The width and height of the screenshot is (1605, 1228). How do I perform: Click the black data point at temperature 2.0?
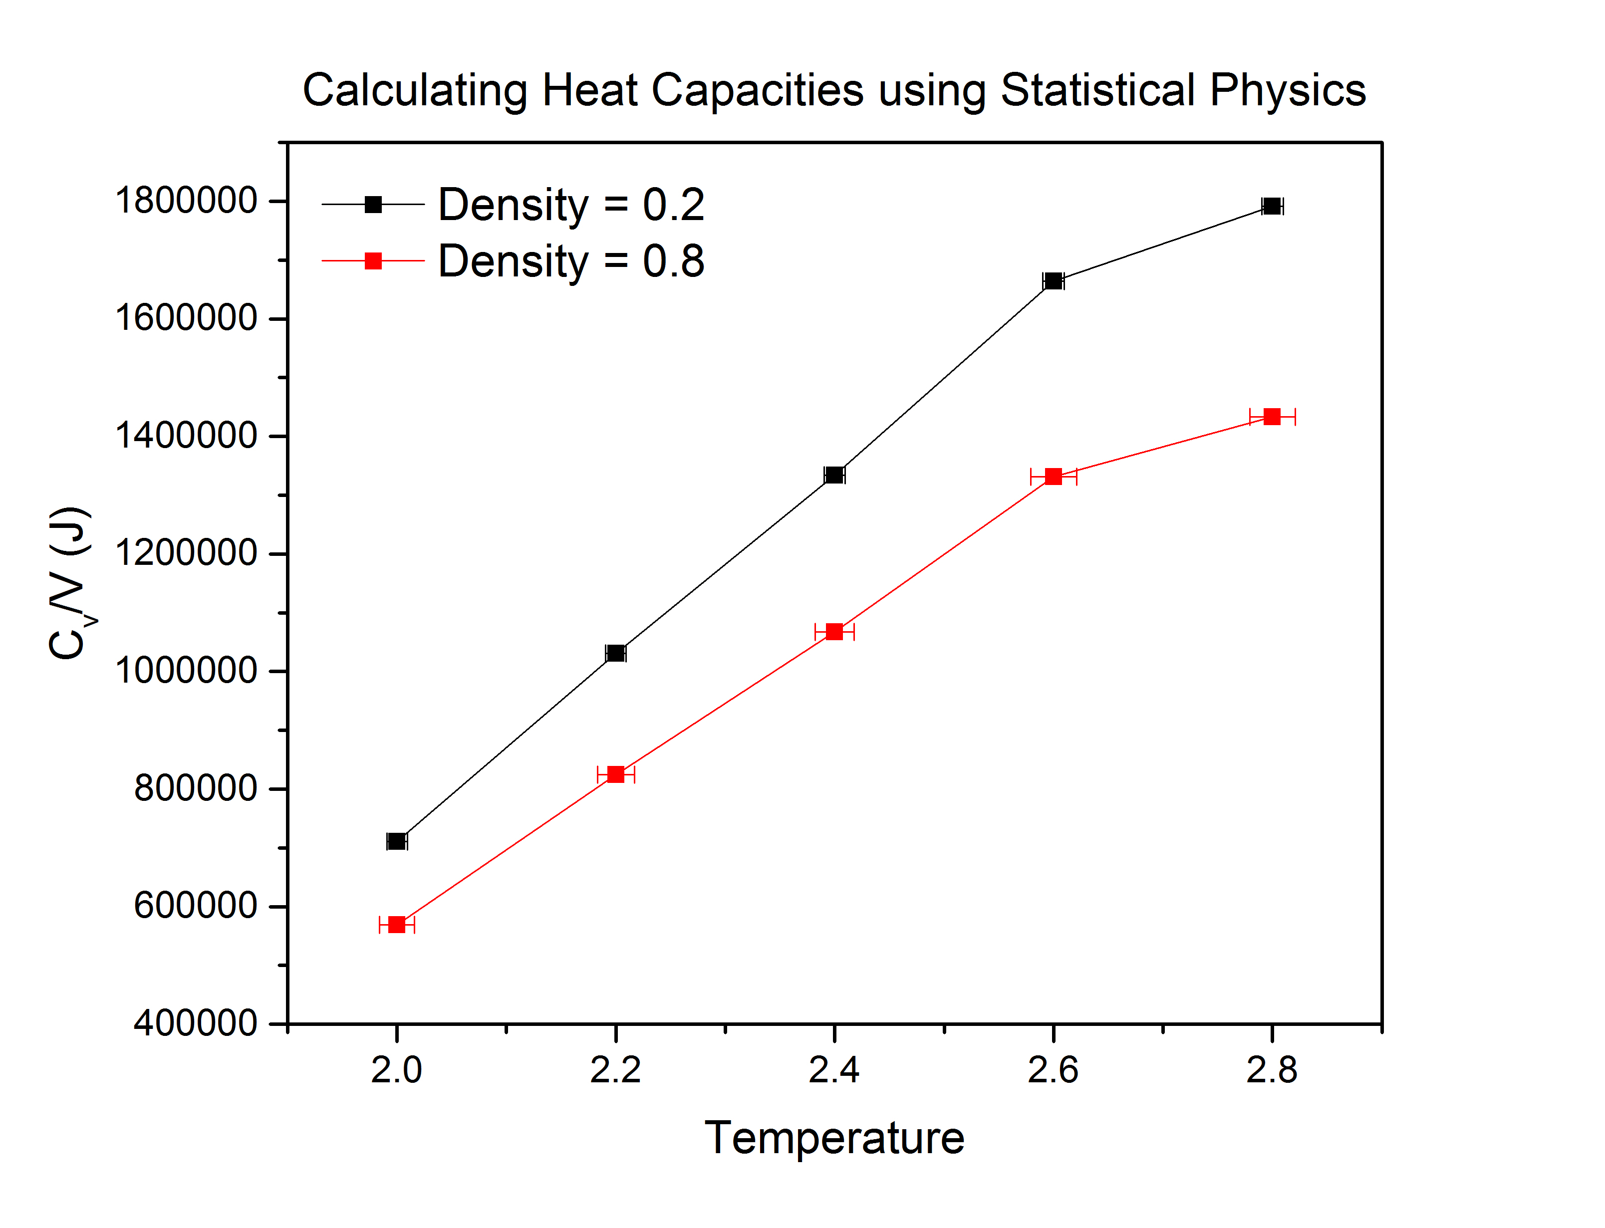[396, 841]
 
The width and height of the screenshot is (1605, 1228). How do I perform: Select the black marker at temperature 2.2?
[615, 653]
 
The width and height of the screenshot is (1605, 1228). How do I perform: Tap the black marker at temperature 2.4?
[834, 475]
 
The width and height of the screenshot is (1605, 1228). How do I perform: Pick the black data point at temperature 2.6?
[1053, 281]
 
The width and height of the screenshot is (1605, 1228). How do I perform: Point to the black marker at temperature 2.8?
[1272, 206]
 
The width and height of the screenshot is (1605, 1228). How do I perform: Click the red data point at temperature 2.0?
[396, 925]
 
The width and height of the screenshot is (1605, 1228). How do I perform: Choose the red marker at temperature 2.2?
[615, 774]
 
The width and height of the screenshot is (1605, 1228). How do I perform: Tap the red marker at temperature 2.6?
[1053, 477]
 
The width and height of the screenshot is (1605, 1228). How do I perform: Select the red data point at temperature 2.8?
[1272, 417]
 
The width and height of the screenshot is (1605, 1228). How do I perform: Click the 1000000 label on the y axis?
[186, 670]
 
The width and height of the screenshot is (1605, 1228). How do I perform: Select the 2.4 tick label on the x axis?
[834, 1070]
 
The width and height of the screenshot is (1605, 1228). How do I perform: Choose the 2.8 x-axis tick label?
[1272, 1070]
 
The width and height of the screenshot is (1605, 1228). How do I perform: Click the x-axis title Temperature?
[834, 1138]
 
